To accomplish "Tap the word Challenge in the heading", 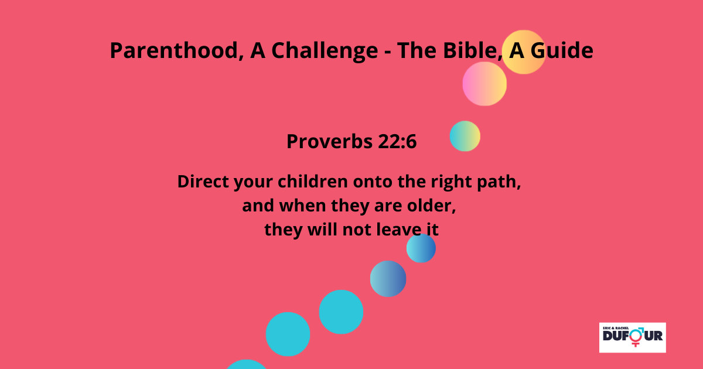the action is (325, 50).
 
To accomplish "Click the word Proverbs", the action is (329, 142).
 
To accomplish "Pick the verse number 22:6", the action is (397, 141).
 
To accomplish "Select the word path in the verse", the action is (499, 182).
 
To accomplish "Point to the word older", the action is (431, 206).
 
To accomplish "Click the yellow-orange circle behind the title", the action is (524, 52).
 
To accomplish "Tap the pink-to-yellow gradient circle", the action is (484, 84).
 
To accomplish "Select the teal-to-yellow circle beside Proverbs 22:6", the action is (465, 136).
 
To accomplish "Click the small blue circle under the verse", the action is (421, 248).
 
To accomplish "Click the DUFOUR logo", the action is (632, 337).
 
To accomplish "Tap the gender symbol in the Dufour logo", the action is (637, 336).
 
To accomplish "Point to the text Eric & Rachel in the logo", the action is (616, 328).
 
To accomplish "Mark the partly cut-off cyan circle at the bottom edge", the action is (247, 364).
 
